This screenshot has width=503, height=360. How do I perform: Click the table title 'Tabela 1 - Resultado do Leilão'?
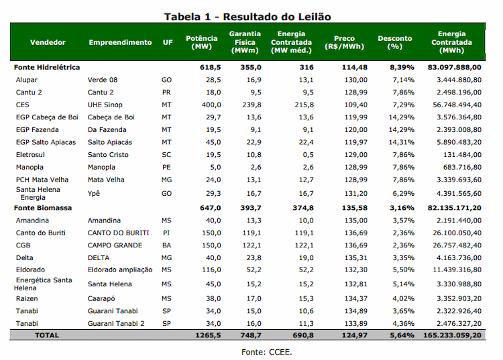click(x=247, y=17)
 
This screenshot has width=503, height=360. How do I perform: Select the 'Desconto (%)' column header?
click(x=394, y=42)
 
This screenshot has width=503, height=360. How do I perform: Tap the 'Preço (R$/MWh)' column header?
click(x=344, y=42)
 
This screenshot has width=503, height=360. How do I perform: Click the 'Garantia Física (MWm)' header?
click(x=245, y=42)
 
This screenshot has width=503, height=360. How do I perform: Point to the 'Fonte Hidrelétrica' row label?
click(x=47, y=67)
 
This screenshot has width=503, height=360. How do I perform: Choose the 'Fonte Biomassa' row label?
click(x=43, y=208)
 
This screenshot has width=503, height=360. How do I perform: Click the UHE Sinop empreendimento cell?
click(x=105, y=105)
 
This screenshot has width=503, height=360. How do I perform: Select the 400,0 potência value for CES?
click(x=211, y=105)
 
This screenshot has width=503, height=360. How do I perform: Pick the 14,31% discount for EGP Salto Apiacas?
click(x=401, y=142)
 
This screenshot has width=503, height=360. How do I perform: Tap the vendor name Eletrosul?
click(x=30, y=154)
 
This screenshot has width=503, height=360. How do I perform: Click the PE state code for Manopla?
click(x=166, y=167)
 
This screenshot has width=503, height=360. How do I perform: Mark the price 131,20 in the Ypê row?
click(x=355, y=193)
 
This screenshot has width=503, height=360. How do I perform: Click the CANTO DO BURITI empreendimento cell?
click(x=118, y=233)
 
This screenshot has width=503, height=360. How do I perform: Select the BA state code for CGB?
click(x=166, y=245)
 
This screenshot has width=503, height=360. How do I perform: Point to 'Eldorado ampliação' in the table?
click(x=120, y=270)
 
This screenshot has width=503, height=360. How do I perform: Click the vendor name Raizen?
click(x=27, y=298)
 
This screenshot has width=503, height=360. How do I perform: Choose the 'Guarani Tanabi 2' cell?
click(x=116, y=323)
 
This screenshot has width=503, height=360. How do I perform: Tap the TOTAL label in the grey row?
click(x=47, y=335)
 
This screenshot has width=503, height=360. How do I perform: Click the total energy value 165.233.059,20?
click(x=452, y=335)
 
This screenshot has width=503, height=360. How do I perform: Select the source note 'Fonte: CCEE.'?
click(x=266, y=352)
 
